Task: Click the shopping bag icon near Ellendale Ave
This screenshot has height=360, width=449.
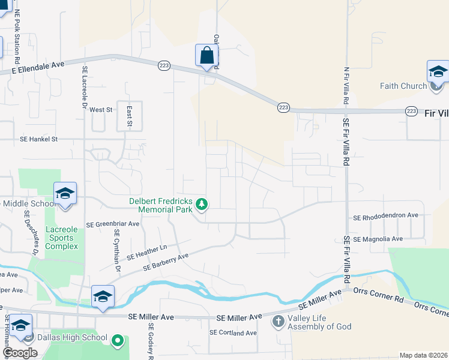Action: (206, 56)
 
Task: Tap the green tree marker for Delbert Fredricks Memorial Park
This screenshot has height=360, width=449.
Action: (202, 205)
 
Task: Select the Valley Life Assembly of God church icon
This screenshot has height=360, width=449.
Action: (278, 322)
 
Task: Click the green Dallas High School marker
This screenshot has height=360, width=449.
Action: (118, 341)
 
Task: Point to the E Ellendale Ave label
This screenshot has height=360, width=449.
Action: (38, 67)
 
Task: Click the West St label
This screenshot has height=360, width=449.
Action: (101, 110)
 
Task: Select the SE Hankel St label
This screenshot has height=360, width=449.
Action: (38, 139)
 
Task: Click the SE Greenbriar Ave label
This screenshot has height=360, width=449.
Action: (113, 224)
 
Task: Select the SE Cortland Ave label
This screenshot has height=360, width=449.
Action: (233, 332)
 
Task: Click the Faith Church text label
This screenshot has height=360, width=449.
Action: (403, 86)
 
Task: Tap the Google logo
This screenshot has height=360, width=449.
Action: (20, 353)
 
